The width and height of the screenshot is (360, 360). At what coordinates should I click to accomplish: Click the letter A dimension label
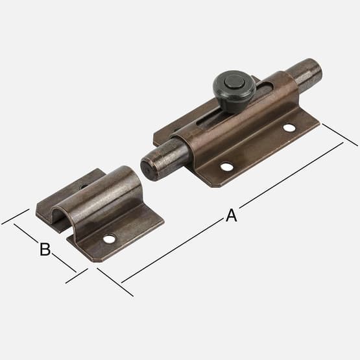231,215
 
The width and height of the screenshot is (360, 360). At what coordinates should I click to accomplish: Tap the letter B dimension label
45,249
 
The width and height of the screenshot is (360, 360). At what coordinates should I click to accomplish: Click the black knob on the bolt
234,91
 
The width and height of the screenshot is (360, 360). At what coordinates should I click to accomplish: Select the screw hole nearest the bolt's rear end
289,128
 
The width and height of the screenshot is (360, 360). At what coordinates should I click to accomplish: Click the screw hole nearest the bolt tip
227,167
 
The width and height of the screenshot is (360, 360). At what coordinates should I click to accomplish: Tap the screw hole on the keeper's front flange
109,239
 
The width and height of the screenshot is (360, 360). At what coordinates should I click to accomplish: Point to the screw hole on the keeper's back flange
84,186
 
